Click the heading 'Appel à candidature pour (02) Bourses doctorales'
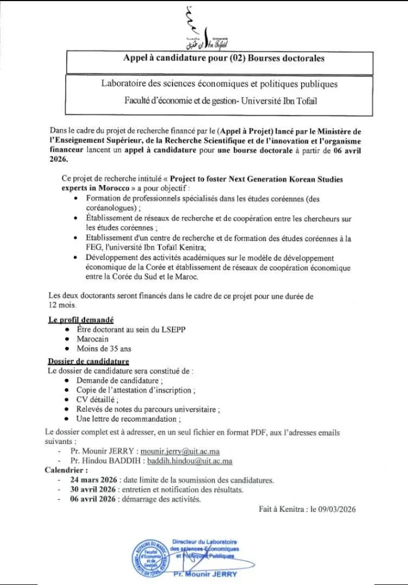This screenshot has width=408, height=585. coord(224,58)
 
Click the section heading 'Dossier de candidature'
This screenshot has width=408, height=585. coord(88,361)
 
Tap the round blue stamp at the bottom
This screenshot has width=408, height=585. coord(155,555)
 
